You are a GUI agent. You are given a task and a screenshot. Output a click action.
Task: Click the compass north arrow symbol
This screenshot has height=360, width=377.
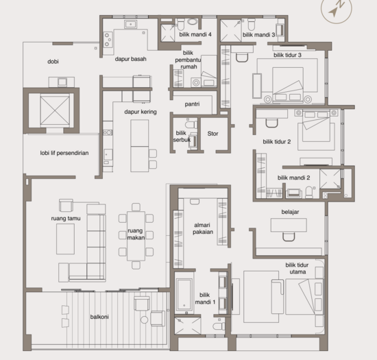click(336, 9)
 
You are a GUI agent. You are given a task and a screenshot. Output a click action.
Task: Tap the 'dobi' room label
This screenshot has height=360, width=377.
click(53, 62)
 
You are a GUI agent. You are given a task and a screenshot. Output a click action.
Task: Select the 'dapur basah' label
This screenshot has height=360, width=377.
click(130, 59)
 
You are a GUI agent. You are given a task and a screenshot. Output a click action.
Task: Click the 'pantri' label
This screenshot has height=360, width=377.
click(192, 104)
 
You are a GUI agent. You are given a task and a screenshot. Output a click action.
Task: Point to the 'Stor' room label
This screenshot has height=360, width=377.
click(212, 134)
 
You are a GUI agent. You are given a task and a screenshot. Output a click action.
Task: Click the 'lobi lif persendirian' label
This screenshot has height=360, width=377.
click(64, 153)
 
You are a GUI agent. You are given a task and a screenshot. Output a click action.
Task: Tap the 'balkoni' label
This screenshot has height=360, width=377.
click(99, 317)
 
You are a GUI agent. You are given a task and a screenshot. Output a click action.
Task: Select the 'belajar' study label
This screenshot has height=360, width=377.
click(290, 212)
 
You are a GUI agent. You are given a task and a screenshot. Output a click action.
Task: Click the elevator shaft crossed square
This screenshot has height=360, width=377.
click(55, 110)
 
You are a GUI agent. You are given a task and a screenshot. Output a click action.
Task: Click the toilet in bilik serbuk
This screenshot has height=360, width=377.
click(191, 125)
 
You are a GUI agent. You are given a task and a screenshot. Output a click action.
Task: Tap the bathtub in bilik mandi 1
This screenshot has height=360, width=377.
click(184, 295)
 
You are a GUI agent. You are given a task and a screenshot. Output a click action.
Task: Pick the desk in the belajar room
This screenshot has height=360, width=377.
click(289, 225)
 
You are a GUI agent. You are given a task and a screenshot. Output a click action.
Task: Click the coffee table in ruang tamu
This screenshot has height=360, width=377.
click(65, 239)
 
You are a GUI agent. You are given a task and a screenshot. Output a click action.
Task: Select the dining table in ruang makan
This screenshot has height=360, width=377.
click(136, 236)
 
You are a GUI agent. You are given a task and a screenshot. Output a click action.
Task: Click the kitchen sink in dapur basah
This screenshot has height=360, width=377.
click(130, 24)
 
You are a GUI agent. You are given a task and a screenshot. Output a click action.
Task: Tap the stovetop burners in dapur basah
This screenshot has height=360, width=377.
click(108, 40)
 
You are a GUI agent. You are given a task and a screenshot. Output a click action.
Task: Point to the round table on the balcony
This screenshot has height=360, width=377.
click(144, 320)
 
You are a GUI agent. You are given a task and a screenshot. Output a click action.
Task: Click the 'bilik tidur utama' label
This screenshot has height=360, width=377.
click(297, 268)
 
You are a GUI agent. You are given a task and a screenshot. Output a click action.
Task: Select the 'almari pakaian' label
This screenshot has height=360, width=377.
click(202, 228)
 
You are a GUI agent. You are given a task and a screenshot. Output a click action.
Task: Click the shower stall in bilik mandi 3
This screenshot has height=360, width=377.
click(230, 31)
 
